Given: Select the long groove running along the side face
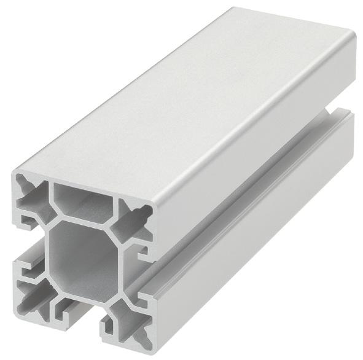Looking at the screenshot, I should click(246, 203).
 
